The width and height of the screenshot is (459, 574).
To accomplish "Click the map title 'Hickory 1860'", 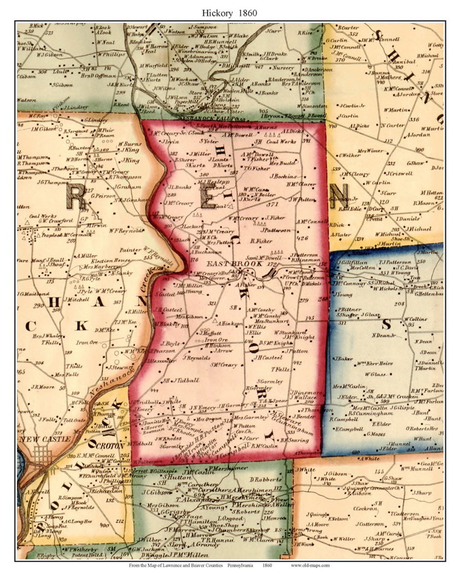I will point(229,13).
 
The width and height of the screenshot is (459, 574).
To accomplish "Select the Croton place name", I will point(110,446).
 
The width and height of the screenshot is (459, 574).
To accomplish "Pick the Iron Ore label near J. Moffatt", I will point(216,340).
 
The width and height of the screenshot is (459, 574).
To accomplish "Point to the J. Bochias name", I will point(283,176).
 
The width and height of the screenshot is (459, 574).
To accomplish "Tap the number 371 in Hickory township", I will point(272,205).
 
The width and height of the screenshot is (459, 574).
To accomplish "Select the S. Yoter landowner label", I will point(208,141).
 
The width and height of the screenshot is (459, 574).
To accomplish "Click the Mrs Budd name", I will point(282,163).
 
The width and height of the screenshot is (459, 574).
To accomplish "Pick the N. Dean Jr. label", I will point(383,335).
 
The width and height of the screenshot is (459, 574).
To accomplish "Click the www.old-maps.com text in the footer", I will point(310,565).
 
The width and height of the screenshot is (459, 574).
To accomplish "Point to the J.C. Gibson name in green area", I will point(157,492).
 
